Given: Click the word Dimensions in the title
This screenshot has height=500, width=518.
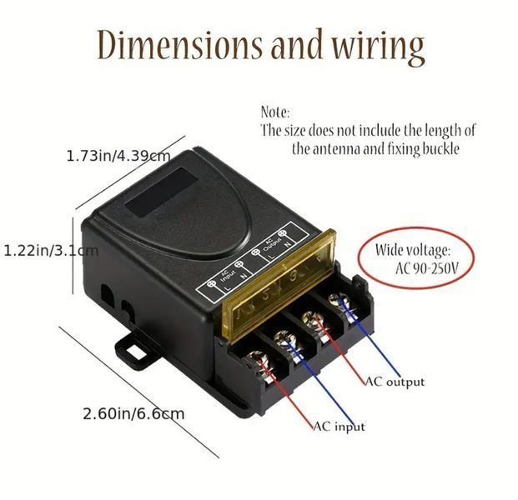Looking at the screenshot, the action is click(x=179, y=46).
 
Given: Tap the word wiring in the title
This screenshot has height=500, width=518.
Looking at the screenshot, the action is click(x=378, y=47).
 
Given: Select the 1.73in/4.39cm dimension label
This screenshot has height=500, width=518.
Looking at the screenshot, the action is click(x=118, y=156).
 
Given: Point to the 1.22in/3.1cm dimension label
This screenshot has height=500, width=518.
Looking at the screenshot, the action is click(x=51, y=251).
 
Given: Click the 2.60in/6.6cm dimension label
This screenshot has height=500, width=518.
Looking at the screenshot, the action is click(x=133, y=414).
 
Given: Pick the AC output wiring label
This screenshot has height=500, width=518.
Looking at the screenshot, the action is click(x=395, y=382).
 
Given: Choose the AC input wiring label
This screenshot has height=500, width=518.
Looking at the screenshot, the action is click(x=339, y=427).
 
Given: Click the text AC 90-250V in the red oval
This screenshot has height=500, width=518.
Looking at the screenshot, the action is click(x=427, y=269).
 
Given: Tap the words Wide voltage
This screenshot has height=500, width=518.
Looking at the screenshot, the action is click(x=412, y=250).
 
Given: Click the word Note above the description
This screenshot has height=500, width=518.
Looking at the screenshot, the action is click(x=275, y=112).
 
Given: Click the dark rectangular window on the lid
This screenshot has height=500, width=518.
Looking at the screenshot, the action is click(x=162, y=192).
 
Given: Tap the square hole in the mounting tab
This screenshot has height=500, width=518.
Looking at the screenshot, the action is click(x=135, y=352).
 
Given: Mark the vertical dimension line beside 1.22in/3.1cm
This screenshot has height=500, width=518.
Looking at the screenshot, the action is click(x=73, y=256).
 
